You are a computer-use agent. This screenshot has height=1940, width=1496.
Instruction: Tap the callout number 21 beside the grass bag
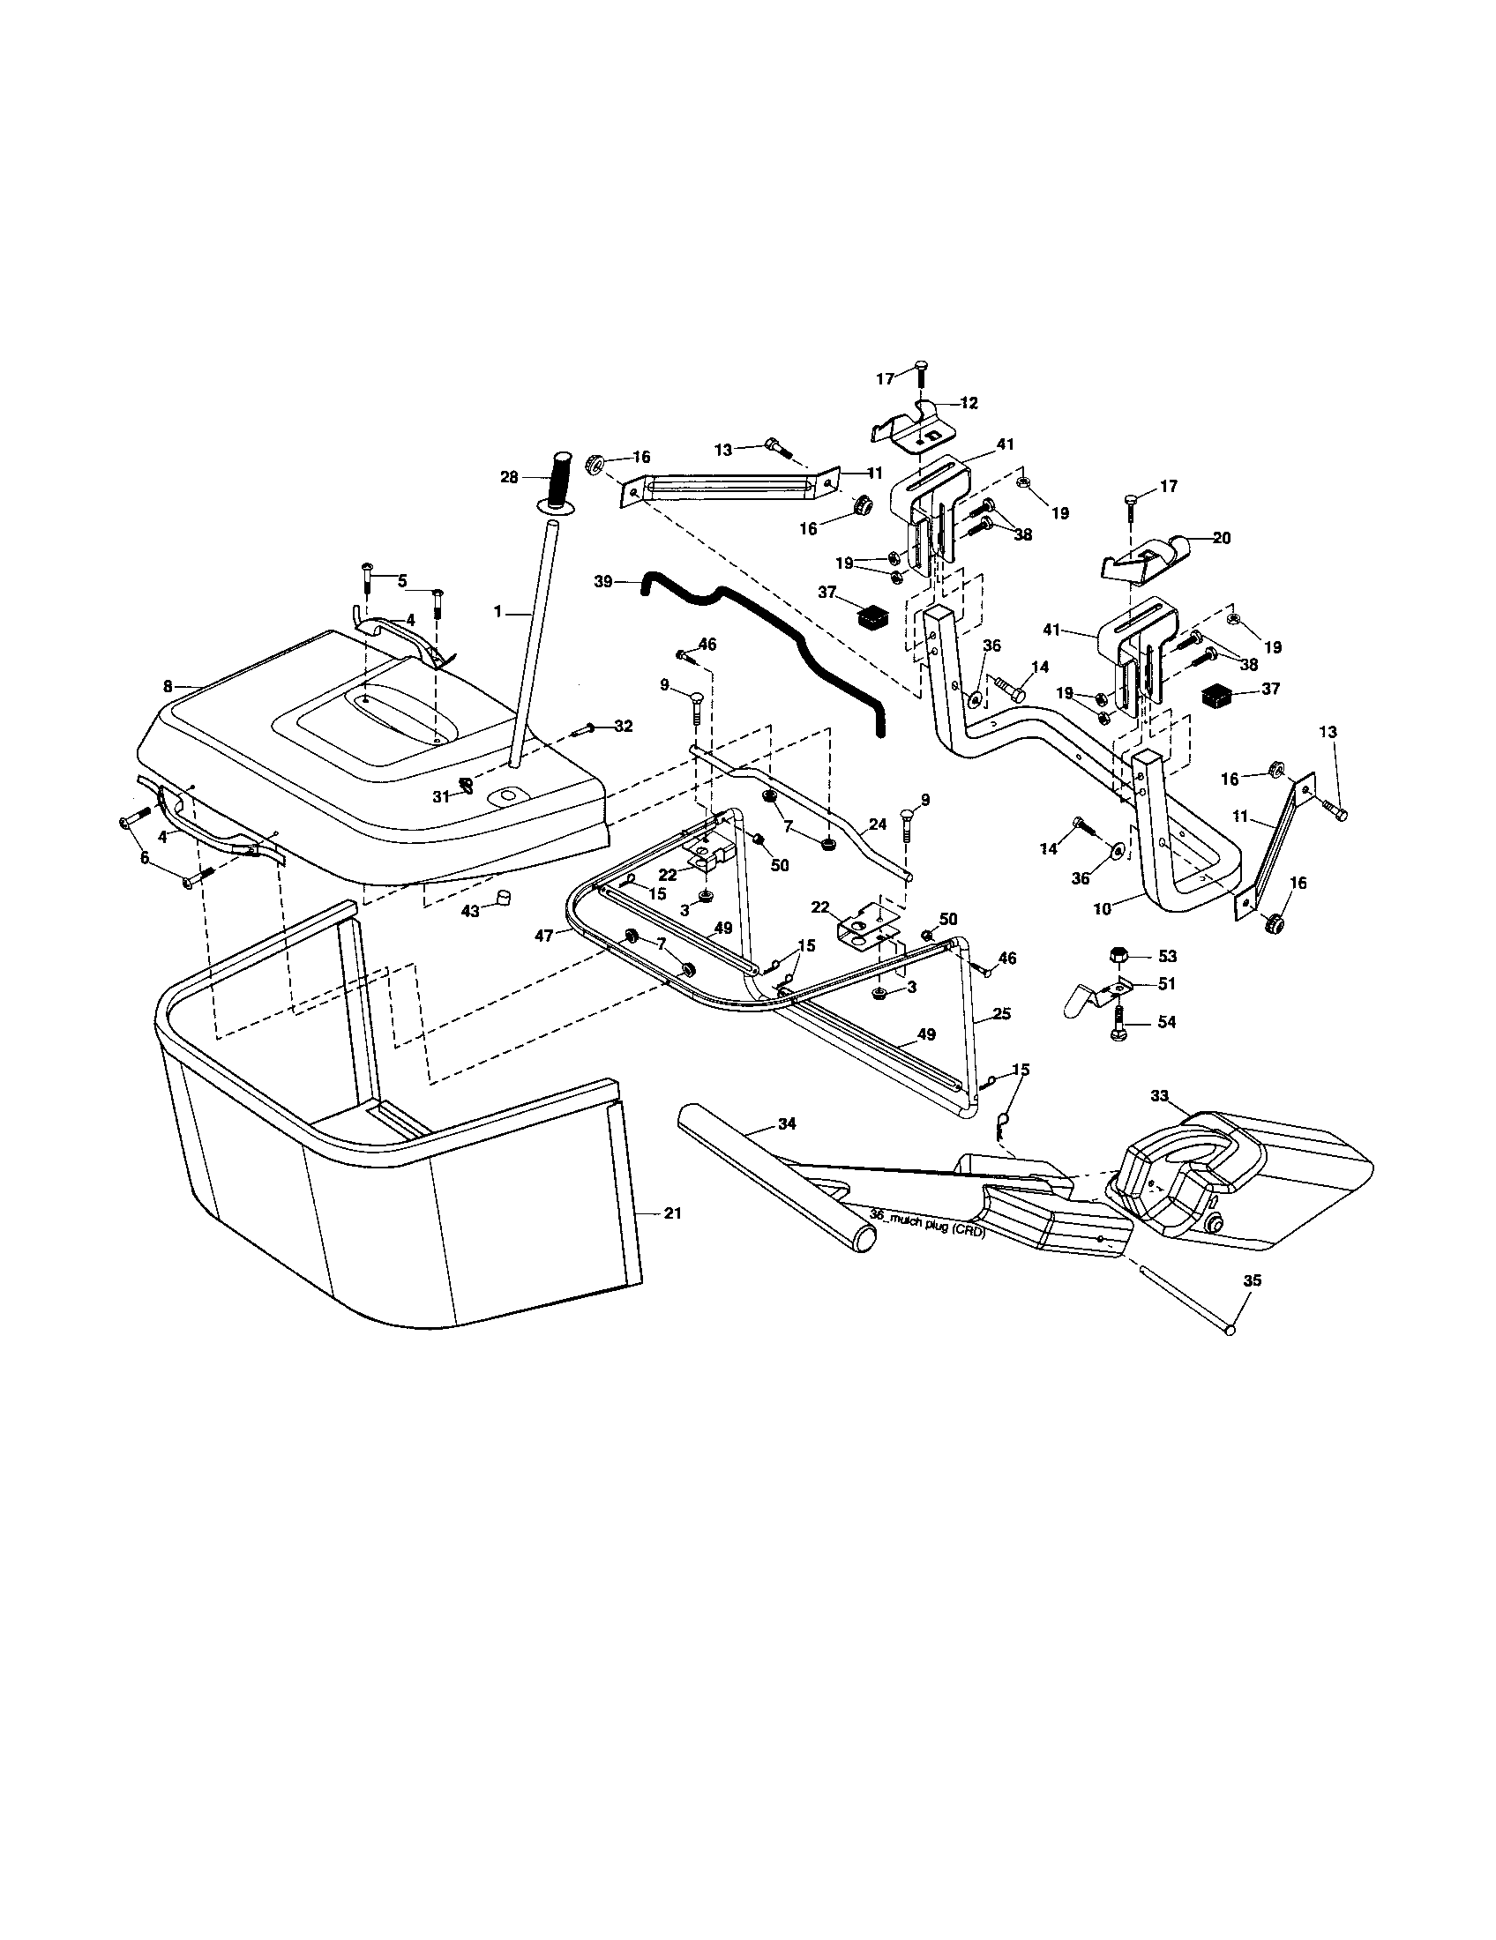[x=672, y=1212]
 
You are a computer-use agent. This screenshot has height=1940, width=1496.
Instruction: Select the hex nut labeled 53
[x=1119, y=956]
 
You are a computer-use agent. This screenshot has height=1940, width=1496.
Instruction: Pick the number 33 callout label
[x=1159, y=1096]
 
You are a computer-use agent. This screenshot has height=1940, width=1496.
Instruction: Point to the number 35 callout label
[x=1252, y=1281]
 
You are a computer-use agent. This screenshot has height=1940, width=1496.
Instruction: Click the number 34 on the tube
[x=786, y=1123]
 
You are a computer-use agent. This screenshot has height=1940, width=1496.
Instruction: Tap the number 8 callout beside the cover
[x=167, y=686]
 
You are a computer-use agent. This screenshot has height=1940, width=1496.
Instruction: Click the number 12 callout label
[x=969, y=402]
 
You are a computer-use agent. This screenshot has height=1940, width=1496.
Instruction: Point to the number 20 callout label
[x=1222, y=537]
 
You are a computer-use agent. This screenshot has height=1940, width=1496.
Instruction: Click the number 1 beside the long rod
[x=499, y=612]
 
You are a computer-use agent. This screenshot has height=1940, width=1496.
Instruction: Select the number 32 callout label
[x=623, y=726]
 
